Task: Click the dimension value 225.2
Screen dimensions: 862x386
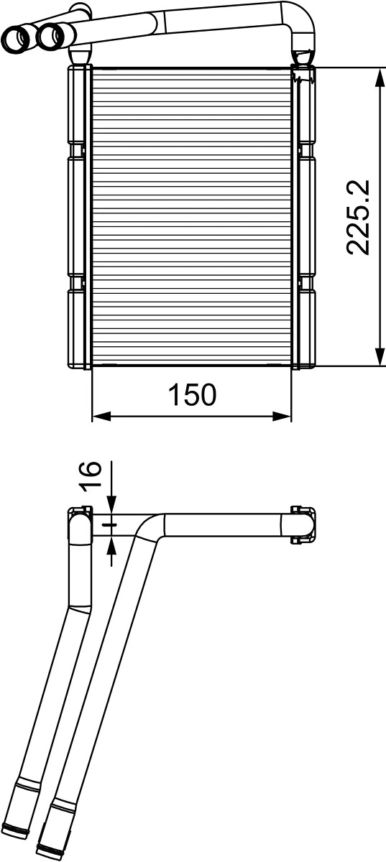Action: (x=357, y=217)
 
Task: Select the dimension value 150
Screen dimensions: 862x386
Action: (x=192, y=394)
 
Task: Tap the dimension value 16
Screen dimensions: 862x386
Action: (x=89, y=476)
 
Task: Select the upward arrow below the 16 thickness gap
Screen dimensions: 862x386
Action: (x=111, y=547)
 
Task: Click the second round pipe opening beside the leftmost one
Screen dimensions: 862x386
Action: (x=49, y=35)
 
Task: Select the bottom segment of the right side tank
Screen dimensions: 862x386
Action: (x=306, y=327)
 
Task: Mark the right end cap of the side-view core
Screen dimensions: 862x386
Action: (x=303, y=525)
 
